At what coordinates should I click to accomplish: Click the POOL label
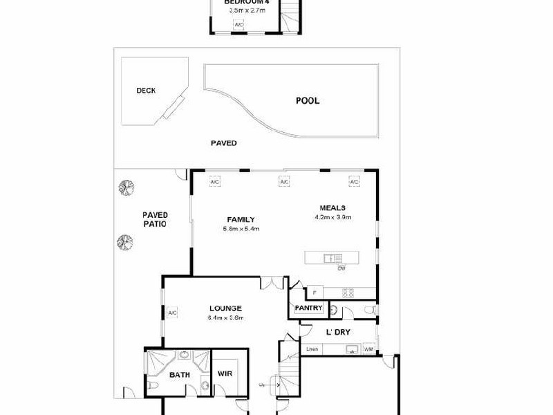pyautogui.click(x=308, y=101)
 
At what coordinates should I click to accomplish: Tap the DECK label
pyautogui.click(x=146, y=90)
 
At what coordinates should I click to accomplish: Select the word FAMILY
pyautogui.click(x=232, y=219)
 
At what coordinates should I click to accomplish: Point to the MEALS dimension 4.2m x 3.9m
pyautogui.click(x=332, y=217)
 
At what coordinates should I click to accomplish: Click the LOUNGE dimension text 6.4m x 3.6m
pyautogui.click(x=225, y=318)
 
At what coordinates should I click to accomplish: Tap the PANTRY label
pyautogui.click(x=308, y=308)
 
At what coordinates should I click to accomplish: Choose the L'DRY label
pyautogui.click(x=338, y=333)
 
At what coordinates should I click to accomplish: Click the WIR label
pyautogui.click(x=225, y=374)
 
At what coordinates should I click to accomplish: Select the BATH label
pyautogui.click(x=180, y=375)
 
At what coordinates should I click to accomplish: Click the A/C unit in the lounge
pyautogui.click(x=172, y=313)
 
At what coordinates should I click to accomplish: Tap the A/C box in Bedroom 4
pyautogui.click(x=239, y=25)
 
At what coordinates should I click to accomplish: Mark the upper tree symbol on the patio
pyautogui.click(x=125, y=187)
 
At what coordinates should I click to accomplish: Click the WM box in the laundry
pyautogui.click(x=368, y=349)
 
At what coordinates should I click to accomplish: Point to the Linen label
pyautogui.click(x=312, y=349)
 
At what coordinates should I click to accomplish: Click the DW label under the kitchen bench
pyautogui.click(x=341, y=268)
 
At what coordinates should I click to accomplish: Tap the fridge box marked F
pyautogui.click(x=314, y=292)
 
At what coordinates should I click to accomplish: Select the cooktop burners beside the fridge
pyautogui.click(x=349, y=292)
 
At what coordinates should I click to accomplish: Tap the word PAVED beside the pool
pyautogui.click(x=224, y=143)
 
